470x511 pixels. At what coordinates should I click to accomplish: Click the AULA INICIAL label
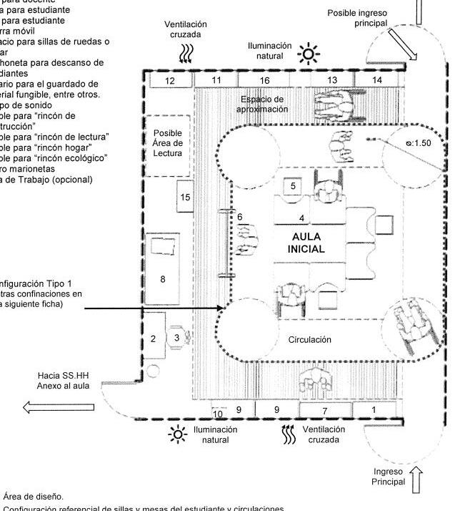tap(308, 243)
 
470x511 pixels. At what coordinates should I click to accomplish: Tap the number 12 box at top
tap(169, 81)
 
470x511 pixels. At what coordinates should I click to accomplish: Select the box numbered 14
tap(377, 79)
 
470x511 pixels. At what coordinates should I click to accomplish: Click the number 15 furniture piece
tap(185, 198)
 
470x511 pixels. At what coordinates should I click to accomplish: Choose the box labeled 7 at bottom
tap(324, 411)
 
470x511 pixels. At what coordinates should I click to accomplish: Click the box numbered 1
tap(374, 409)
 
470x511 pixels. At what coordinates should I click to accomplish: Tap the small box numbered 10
tap(219, 414)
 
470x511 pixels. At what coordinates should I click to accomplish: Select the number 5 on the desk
tap(294, 185)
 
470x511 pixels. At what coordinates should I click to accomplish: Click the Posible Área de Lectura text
tap(168, 142)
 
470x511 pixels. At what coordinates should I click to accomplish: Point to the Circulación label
tap(310, 339)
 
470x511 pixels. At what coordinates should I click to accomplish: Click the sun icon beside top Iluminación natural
tap(309, 53)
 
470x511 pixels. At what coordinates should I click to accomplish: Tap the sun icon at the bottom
tap(176, 434)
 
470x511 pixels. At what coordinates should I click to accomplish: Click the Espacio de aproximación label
tap(263, 104)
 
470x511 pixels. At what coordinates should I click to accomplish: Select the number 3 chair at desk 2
tap(178, 338)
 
